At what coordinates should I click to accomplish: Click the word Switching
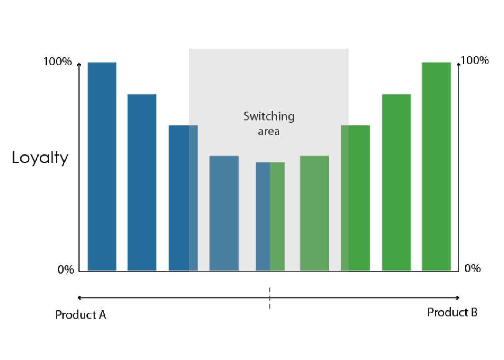pyautogui.click(x=269, y=116)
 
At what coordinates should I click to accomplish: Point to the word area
pyautogui.click(x=268, y=131)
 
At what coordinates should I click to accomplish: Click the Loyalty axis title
pyautogui.click(x=40, y=158)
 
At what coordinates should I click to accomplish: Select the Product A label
pyautogui.click(x=80, y=315)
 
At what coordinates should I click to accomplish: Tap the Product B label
pyautogui.click(x=452, y=312)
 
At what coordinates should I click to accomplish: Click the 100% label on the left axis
pyautogui.click(x=58, y=62)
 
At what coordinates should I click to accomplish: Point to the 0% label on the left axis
pyautogui.click(x=66, y=270)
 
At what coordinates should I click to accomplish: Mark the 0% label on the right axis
pyautogui.click(x=472, y=268)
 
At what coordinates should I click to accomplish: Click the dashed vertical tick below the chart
pyautogui.click(x=270, y=298)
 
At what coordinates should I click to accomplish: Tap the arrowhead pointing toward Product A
pyautogui.click(x=80, y=298)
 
